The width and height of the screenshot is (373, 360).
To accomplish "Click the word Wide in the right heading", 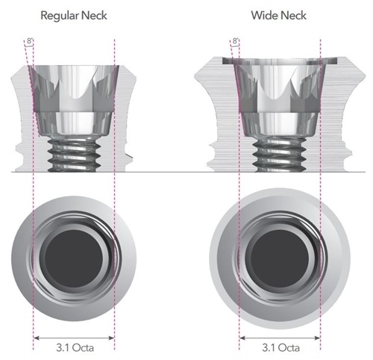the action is pyautogui.click(x=263, y=16).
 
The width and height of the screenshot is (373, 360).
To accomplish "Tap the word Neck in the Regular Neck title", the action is pyautogui.click(x=95, y=16).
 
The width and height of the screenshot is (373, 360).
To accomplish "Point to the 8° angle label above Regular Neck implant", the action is pyautogui.click(x=30, y=41).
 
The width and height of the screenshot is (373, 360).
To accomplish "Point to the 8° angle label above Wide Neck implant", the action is pyautogui.click(x=235, y=40).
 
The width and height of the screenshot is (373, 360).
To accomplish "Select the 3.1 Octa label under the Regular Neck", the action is pyautogui.click(x=75, y=347).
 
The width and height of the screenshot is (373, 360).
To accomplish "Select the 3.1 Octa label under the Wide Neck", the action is pyautogui.click(x=280, y=347).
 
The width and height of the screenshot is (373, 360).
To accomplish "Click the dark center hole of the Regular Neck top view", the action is pyautogui.click(x=74, y=258).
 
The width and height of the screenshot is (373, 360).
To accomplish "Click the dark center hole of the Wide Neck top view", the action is pyautogui.click(x=280, y=258).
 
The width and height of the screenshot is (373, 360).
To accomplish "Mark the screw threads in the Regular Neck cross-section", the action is pyautogui.click(x=74, y=155).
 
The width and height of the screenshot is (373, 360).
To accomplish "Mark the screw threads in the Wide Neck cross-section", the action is pyautogui.click(x=280, y=155).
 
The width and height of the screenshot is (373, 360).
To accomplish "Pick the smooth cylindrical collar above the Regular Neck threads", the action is pyautogui.click(x=74, y=123).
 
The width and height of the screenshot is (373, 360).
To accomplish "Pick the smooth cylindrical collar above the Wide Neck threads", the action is pyautogui.click(x=280, y=124).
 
